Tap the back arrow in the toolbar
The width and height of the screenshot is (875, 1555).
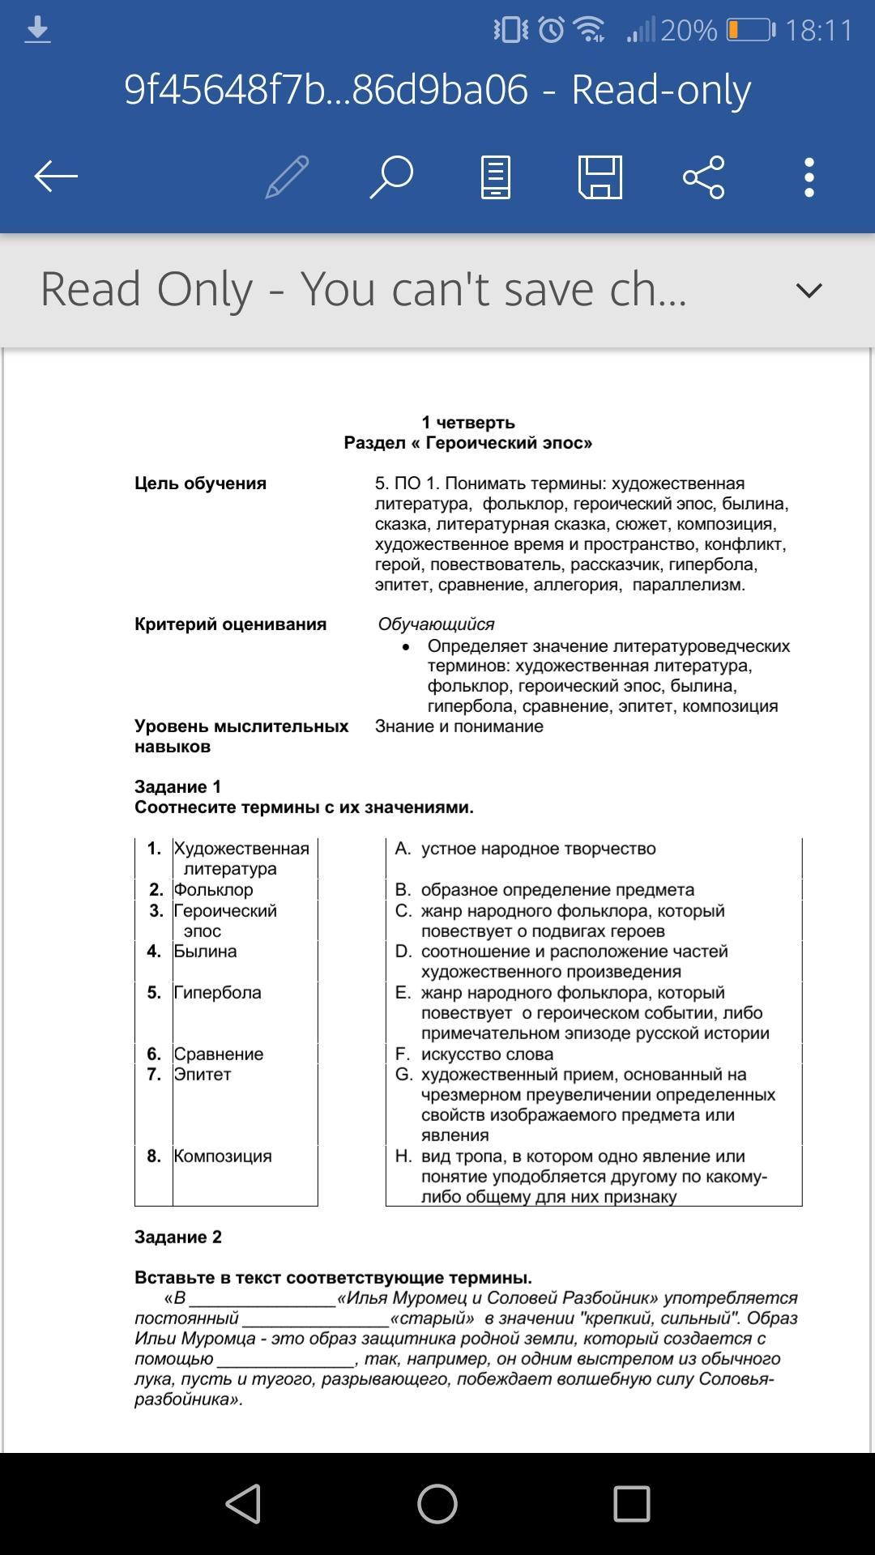pyautogui.click(x=56, y=177)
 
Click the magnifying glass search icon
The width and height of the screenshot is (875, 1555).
pyautogui.click(x=391, y=177)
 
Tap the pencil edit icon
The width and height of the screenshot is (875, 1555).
pyautogui.click(x=287, y=177)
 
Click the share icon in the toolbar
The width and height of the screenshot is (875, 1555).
pyautogui.click(x=703, y=177)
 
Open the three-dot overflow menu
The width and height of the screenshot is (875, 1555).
pyautogui.click(x=809, y=177)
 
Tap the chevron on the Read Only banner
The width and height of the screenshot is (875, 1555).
pyautogui.click(x=809, y=290)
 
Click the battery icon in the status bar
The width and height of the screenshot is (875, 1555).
pyautogui.click(x=750, y=31)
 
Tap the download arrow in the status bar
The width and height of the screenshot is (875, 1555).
pyautogui.click(x=37, y=31)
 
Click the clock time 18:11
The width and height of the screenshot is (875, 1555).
pyautogui.click(x=818, y=31)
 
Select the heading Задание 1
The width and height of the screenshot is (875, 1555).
pyautogui.click(x=177, y=786)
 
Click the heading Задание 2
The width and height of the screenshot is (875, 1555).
pyautogui.click(x=177, y=1237)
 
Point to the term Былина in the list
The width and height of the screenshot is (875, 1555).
pyautogui.click(x=205, y=951)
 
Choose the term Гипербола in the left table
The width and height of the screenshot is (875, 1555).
pyautogui.click(x=217, y=992)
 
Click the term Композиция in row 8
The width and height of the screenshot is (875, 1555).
pyautogui.click(x=223, y=1156)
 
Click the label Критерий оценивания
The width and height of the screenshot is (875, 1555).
pyautogui.click(x=230, y=624)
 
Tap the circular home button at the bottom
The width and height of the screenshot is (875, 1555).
pyautogui.click(x=437, y=1504)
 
